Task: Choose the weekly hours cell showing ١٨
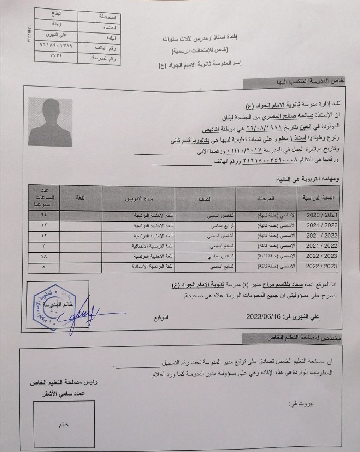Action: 43,256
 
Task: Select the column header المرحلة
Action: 266,199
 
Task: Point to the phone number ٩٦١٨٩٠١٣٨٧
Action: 56,46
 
